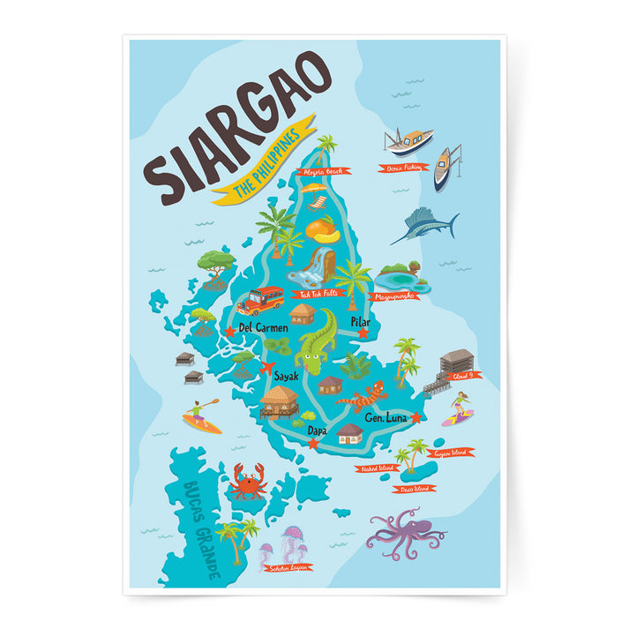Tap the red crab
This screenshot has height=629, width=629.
[x=248, y=482]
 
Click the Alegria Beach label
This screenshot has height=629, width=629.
[x=321, y=172]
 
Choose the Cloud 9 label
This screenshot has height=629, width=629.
[x=466, y=374]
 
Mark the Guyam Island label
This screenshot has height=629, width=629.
[x=449, y=453]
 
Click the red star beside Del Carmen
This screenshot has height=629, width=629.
[x=231, y=332]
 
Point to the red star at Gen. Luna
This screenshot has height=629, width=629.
[x=416, y=418]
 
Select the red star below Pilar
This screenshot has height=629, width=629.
[x=362, y=333]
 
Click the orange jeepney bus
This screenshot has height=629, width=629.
[x=260, y=301]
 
